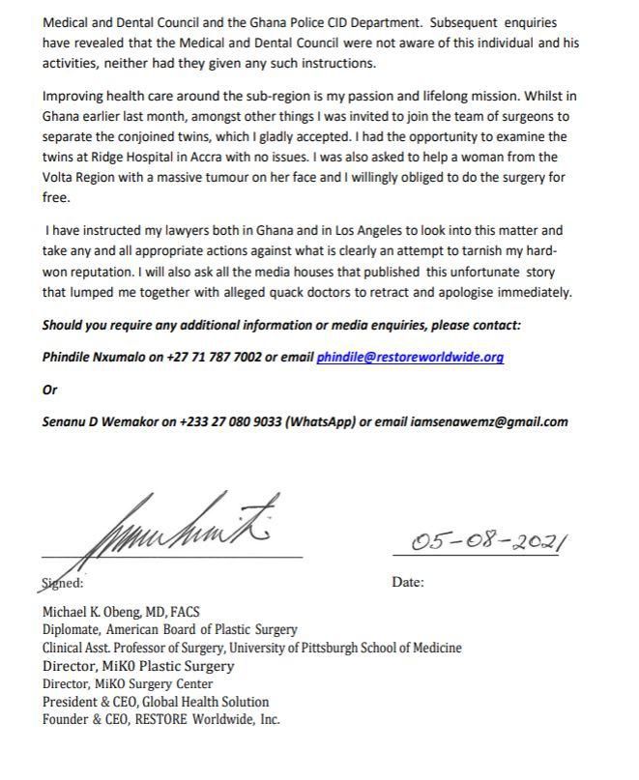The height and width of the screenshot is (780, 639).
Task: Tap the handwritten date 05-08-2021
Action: tap(488, 541)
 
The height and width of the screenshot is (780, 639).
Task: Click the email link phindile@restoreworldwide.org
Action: tap(410, 358)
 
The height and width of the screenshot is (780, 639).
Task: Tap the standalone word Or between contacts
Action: tap(50, 390)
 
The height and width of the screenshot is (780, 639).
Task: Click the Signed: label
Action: tap(63, 583)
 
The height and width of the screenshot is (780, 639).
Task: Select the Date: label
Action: tap(408, 582)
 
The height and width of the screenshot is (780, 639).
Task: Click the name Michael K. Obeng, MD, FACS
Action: tap(120, 613)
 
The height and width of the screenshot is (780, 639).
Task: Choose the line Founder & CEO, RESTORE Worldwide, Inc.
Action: tap(161, 720)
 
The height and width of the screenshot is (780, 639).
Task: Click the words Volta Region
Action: tap(85, 178)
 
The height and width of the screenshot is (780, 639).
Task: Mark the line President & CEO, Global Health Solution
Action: tap(156, 702)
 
